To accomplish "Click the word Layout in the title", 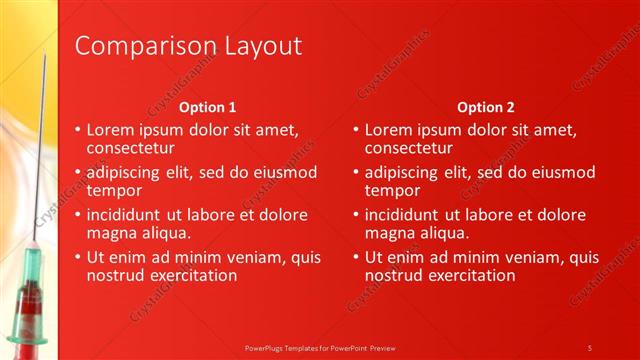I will pos(254,46).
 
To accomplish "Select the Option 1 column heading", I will pos(207,107).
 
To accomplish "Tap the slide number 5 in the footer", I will pos(590,347).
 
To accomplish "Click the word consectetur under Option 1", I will pos(137,148).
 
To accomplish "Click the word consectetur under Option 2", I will pos(414,148).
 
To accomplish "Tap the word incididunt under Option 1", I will pos(130,214).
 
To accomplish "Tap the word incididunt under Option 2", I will pos(407,214).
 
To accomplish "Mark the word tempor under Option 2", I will pos(393,190).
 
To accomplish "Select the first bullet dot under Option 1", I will pos(79,130).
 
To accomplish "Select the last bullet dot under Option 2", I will pos(356,257).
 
